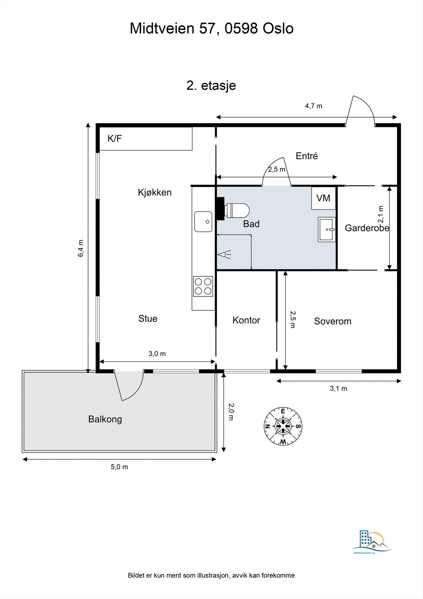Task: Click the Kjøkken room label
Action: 155,192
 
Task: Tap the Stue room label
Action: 148,319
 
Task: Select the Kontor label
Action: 246,320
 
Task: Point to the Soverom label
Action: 333,321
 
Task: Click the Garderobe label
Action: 367,228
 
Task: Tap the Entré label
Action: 307,156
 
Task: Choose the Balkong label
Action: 105,419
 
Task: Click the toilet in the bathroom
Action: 237,210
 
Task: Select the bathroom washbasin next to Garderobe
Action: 327,229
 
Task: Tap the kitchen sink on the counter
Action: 203,221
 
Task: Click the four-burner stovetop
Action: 203,286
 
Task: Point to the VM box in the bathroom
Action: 324,198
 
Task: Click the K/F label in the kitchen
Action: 115,139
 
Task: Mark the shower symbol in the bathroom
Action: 224,254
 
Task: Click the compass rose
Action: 283,426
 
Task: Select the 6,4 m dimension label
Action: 81,248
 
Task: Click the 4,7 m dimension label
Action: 314,106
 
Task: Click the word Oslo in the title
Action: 278,28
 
